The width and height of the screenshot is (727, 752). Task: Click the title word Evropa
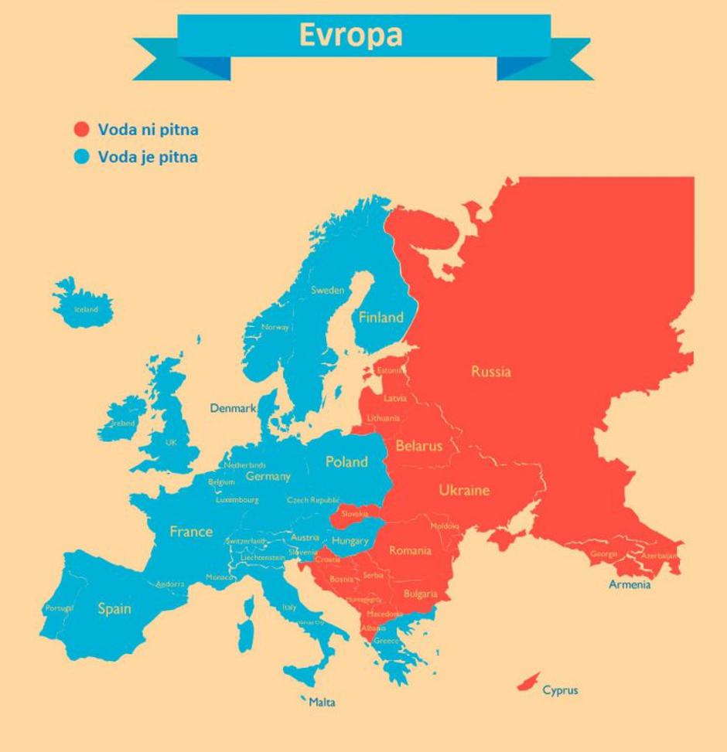(351, 36)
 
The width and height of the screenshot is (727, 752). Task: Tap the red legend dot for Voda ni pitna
(81, 129)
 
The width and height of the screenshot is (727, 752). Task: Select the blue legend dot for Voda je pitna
(81, 157)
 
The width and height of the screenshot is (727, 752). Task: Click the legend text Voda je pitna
(147, 157)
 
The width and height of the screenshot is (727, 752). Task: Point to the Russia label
(490, 372)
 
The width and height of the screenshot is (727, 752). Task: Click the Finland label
(381, 317)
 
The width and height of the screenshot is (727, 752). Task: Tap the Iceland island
(84, 303)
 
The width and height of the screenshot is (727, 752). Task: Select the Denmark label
(233, 408)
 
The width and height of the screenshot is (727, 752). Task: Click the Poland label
(346, 462)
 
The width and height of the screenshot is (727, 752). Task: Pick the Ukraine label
(464, 491)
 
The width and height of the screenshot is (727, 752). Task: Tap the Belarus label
(418, 446)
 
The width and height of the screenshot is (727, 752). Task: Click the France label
(191, 532)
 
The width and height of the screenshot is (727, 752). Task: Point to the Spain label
(114, 609)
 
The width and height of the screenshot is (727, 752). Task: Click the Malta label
(322, 703)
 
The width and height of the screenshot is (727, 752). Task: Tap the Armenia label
(630, 585)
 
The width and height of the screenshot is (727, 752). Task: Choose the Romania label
(410, 551)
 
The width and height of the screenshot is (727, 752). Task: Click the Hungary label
(350, 541)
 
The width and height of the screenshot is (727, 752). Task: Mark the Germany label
(268, 477)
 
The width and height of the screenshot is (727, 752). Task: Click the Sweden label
(327, 291)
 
